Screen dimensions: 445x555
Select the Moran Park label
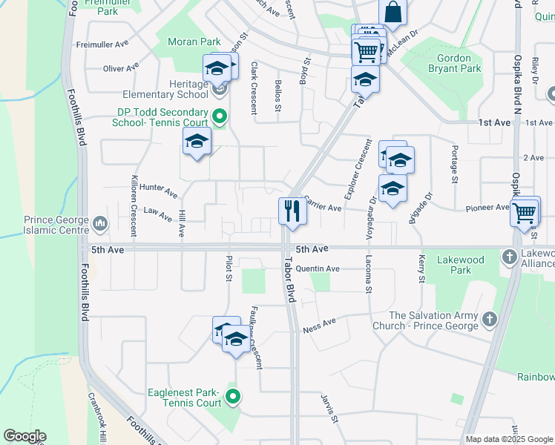194,42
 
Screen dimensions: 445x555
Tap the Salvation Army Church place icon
488,320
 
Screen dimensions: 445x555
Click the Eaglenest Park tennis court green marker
234,397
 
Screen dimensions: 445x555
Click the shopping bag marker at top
392,12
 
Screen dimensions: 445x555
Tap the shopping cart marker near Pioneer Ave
525,212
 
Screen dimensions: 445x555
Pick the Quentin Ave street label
318,268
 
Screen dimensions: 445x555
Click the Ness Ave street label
319,324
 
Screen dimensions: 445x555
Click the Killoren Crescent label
134,205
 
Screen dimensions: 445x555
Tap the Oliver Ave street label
121,68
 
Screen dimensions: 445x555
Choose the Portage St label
453,163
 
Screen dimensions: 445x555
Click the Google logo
25,436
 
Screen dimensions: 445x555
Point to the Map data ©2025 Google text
509,439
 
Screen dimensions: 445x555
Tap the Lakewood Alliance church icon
509,257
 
